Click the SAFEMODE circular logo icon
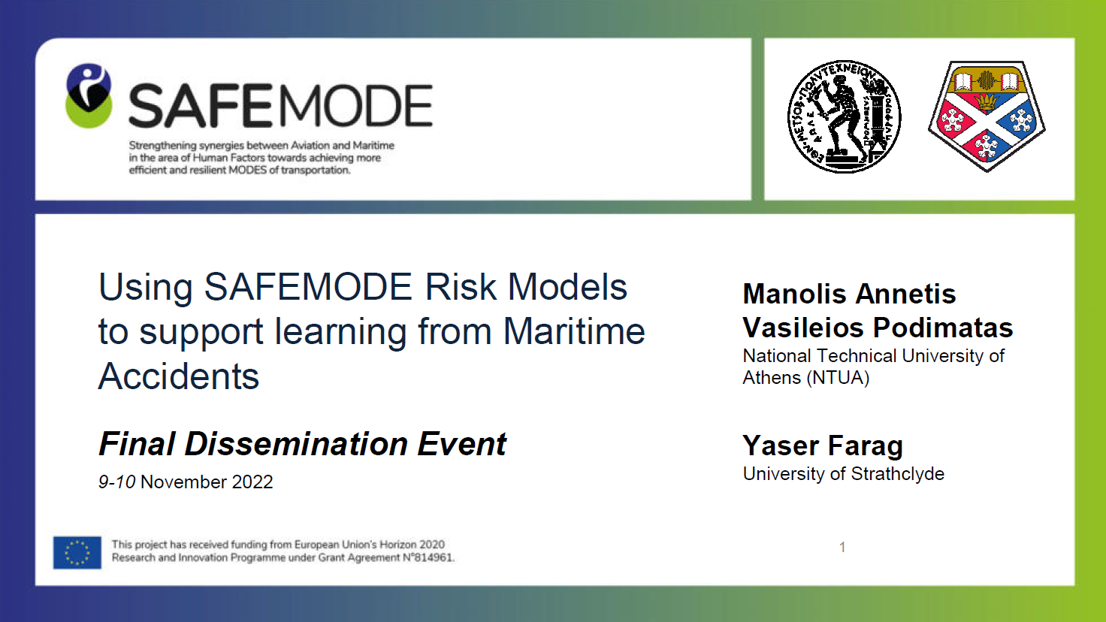(89, 95)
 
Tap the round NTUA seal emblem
(844, 117)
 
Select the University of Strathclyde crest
(987, 116)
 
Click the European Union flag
(77, 552)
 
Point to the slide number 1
(842, 547)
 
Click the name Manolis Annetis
(849, 294)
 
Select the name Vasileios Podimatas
(878, 328)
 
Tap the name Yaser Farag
(823, 445)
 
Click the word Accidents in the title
(179, 376)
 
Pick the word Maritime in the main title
(574, 331)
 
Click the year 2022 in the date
(252, 482)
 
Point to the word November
(183, 482)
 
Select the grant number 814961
(434, 558)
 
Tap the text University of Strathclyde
(843, 474)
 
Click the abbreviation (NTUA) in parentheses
(838, 378)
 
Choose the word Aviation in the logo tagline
(310, 146)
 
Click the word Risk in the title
(461, 287)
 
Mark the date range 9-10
(116, 482)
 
